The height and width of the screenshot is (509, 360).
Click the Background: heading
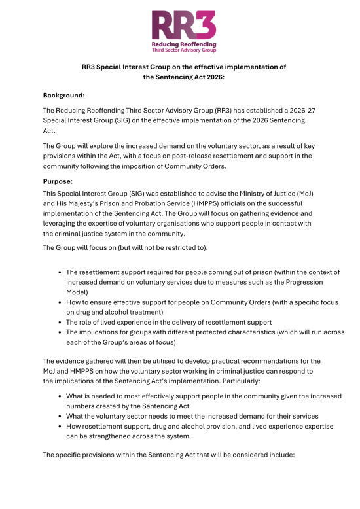tap(64, 95)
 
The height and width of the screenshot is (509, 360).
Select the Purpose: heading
tap(58, 180)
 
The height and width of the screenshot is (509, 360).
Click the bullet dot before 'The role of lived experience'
tap(60, 322)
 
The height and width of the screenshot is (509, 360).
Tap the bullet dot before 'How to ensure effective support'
tap(60, 302)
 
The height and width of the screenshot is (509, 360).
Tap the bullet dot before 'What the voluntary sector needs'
tap(60, 416)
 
